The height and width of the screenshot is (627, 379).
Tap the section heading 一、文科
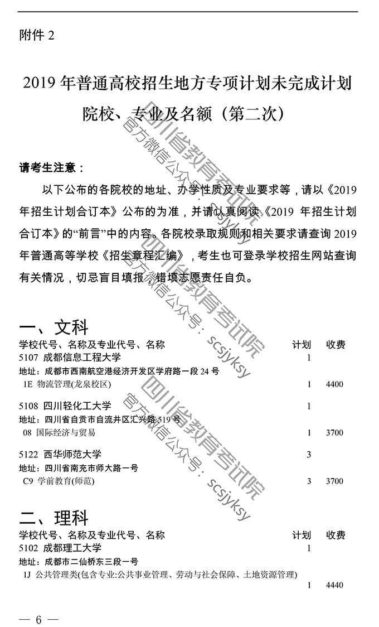(x=54, y=327)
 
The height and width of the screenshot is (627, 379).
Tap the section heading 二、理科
(x=54, y=518)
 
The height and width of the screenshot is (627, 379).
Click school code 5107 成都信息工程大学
(x=69, y=358)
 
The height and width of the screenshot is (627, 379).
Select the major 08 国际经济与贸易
(x=59, y=432)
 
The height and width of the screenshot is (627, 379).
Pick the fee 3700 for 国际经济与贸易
(x=334, y=433)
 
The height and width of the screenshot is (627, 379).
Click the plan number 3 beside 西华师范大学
(x=309, y=455)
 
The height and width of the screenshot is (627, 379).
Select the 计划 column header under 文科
(x=302, y=345)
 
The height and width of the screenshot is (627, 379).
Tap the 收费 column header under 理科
(x=336, y=536)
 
